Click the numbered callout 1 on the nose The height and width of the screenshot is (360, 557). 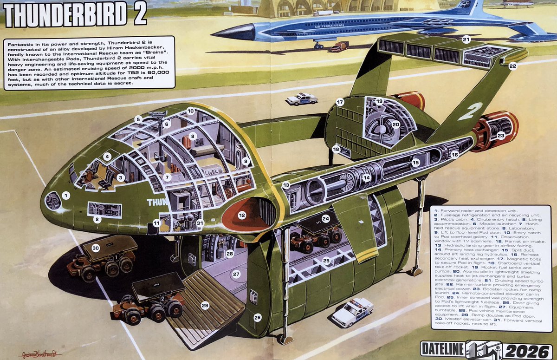point(66,196)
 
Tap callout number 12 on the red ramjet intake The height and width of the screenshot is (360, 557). point(242,215)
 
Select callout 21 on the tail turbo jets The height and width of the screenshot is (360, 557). point(466,39)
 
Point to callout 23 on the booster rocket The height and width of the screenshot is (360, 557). point(501,136)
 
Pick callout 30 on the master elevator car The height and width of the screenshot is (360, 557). point(96,249)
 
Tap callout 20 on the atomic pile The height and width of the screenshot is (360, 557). point(395,124)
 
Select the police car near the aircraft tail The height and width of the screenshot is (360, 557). point(302,98)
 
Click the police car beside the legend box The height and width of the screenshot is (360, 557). point(353,311)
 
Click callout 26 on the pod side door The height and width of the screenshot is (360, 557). point(257,318)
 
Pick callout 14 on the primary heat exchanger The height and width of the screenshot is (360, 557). point(366,177)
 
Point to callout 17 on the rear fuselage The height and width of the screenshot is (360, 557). point(340,102)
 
